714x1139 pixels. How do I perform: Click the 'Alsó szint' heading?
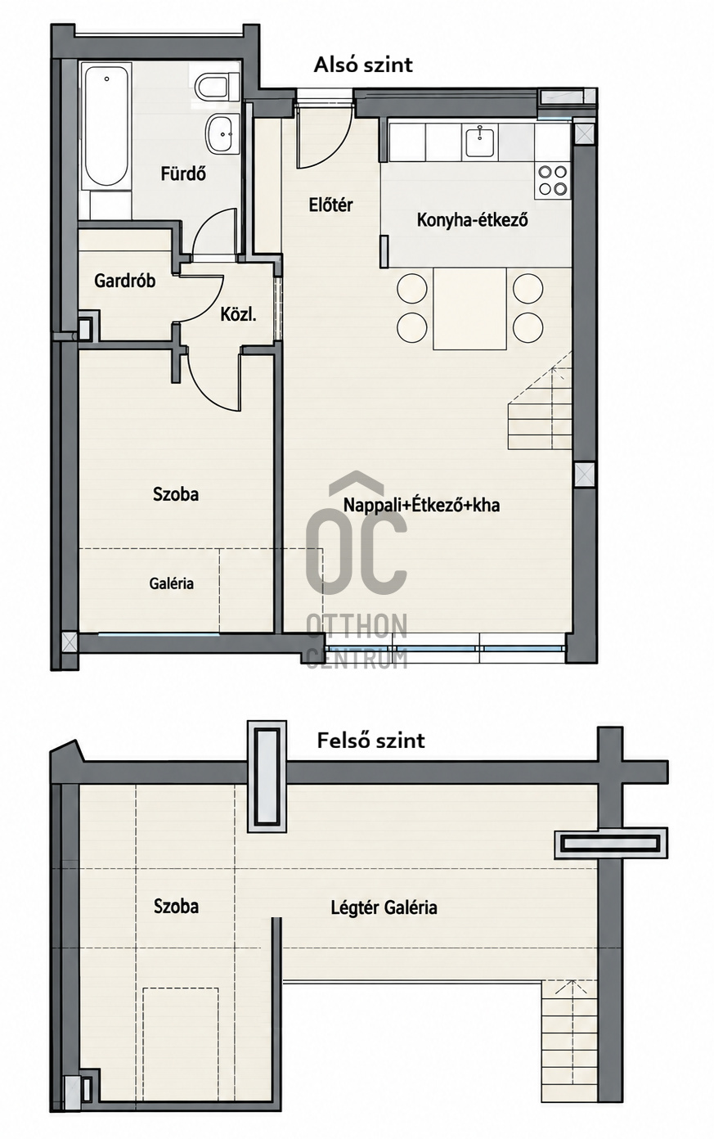(363, 65)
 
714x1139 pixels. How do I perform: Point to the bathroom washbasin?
(222, 133)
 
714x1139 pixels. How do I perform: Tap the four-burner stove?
(553, 181)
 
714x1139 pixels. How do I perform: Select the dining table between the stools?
(469, 309)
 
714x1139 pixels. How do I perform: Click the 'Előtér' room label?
(331, 205)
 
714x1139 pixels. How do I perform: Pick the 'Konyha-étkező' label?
(472, 220)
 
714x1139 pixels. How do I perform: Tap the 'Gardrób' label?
(125, 281)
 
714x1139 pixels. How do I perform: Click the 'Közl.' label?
(238, 315)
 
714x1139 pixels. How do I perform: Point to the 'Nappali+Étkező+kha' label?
(422, 505)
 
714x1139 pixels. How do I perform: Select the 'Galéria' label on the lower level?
(171, 583)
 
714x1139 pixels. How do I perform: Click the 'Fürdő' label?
(183, 174)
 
